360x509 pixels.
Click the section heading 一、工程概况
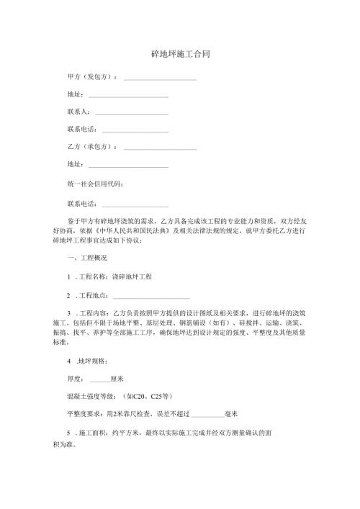pyautogui.click(x=86, y=258)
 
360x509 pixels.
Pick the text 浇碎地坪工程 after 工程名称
pyautogui.click(x=132, y=276)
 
